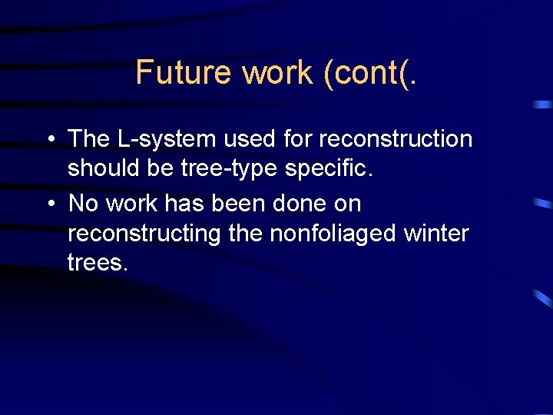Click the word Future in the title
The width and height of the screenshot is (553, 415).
click(184, 73)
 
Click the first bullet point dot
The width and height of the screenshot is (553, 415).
click(49, 140)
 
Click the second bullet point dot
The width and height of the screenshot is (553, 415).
click(49, 204)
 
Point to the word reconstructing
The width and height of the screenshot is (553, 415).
click(144, 234)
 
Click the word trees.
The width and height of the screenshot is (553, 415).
click(98, 263)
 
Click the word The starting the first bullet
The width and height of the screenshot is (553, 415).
click(89, 139)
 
